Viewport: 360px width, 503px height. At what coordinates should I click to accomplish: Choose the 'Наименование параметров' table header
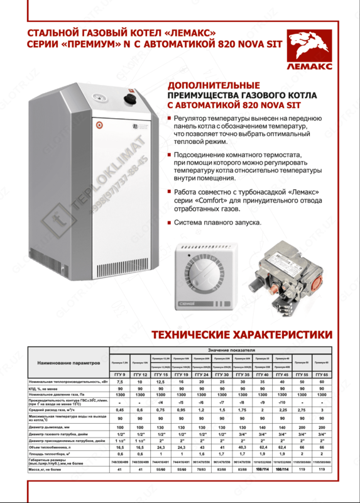point(68,363)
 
